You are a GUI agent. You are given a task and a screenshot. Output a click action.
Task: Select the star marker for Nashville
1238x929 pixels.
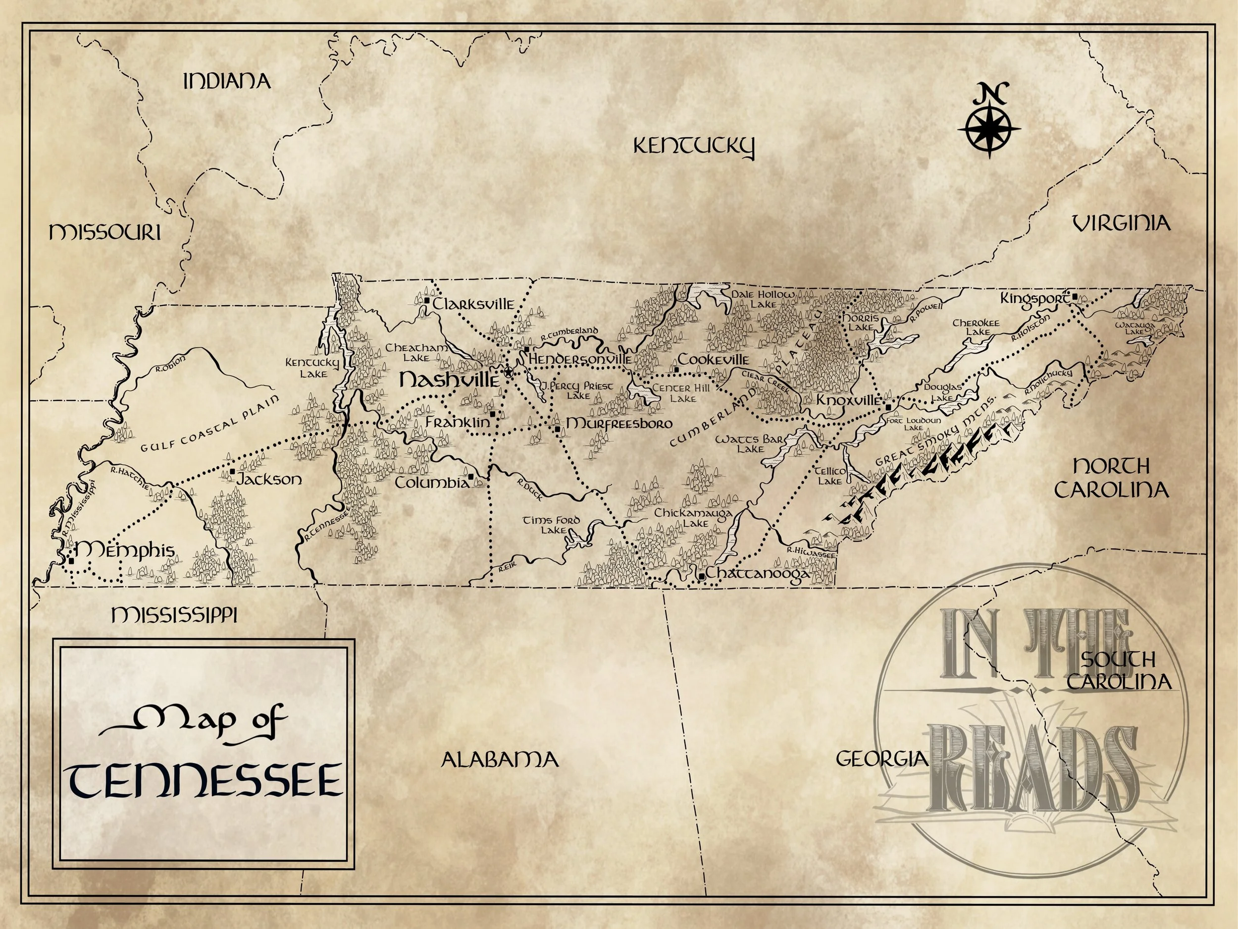coord(508,372)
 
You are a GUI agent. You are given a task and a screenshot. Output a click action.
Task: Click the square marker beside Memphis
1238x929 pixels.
coord(72,560)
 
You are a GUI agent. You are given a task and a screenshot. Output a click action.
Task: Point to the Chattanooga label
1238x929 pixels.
coord(757,574)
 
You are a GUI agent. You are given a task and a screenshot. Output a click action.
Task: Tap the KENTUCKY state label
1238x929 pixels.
coord(693,147)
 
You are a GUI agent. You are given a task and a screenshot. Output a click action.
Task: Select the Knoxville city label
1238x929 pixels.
coord(848,400)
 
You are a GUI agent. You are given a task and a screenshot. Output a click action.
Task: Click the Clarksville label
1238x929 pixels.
coord(473,304)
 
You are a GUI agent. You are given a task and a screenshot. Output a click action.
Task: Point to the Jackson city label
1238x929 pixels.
coord(269,480)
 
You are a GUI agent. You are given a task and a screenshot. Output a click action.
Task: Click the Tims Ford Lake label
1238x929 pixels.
coord(551,525)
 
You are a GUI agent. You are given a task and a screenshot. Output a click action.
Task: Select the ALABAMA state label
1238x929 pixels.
coord(500,760)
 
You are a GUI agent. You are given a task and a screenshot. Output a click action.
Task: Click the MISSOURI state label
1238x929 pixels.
coord(104,232)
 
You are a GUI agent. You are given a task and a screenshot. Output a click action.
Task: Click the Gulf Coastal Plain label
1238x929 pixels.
coord(209,425)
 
